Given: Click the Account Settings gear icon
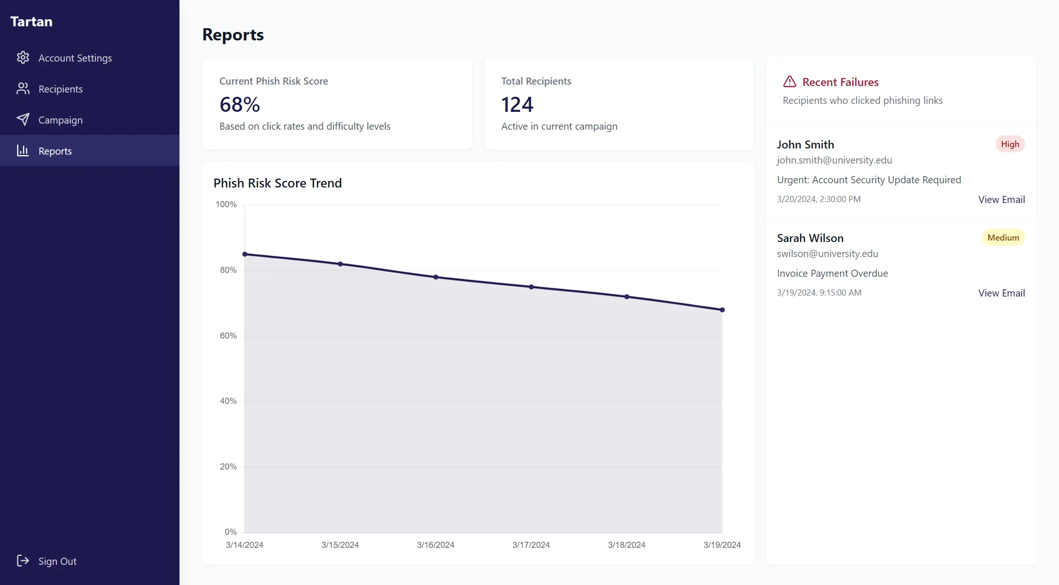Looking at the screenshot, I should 23,58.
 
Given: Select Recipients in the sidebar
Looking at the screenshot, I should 60,89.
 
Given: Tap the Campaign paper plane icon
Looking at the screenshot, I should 23,120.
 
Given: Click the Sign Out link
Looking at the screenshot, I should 57,561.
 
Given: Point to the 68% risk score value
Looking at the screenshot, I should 240,104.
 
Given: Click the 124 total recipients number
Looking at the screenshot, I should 517,104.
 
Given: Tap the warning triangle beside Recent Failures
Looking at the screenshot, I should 790,82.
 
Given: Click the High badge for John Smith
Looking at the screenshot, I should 1010,144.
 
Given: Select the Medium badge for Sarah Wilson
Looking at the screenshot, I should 1003,238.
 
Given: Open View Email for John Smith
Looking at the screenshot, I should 1001,199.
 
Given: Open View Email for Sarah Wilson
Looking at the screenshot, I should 1001,293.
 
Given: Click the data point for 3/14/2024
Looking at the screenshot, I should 245,254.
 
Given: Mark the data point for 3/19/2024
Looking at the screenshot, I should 722,310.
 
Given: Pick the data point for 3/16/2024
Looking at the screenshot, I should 436,277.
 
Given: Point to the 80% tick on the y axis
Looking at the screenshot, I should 228,270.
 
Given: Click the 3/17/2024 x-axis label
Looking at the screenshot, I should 531,545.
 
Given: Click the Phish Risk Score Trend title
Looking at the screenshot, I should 277,183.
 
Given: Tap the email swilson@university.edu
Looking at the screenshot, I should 827,254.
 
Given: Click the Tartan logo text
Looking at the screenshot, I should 31,22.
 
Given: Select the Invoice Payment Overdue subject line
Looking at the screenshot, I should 832,273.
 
